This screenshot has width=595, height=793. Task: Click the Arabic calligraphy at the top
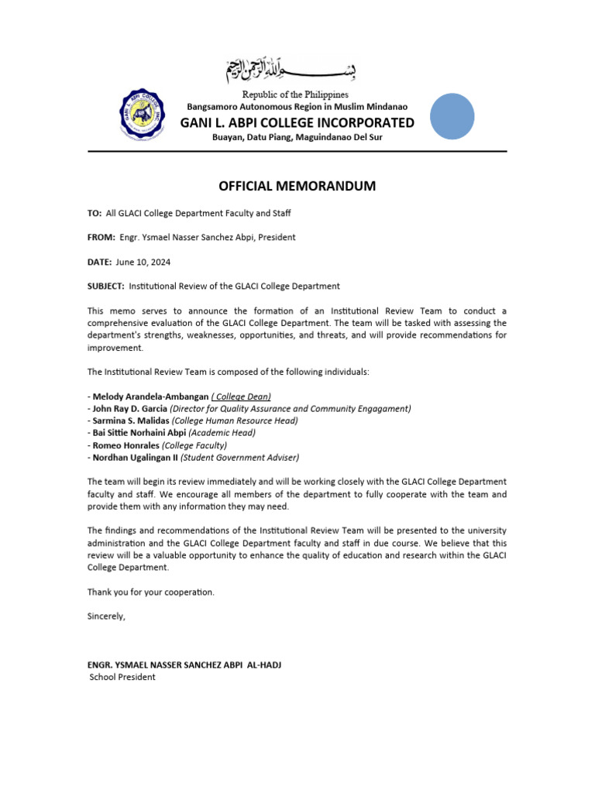[x=297, y=72]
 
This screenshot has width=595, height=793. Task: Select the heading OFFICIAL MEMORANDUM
[x=297, y=186]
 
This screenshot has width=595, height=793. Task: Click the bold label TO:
[x=95, y=213]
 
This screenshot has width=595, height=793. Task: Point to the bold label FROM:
[x=101, y=237]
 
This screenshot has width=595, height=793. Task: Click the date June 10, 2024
[x=143, y=262]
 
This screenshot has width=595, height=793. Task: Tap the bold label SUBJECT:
[x=106, y=286]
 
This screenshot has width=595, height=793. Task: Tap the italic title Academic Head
[x=222, y=433]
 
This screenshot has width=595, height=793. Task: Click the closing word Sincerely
[x=106, y=616]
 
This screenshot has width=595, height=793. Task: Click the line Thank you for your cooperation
[x=151, y=592]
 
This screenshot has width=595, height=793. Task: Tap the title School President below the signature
[x=122, y=677]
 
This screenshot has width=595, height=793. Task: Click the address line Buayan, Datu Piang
[x=297, y=137]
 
